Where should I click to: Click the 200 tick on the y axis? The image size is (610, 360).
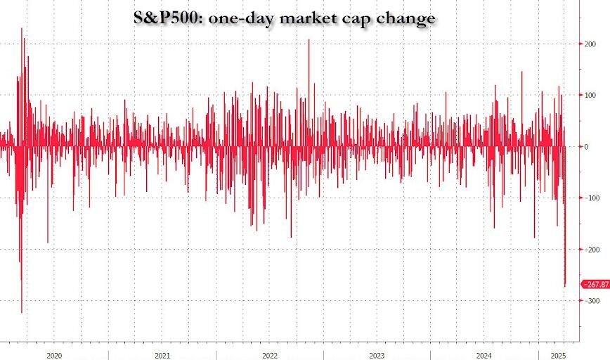point(590,44)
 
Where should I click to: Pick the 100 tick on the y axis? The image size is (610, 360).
point(590,95)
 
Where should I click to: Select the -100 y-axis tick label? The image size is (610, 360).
point(590,198)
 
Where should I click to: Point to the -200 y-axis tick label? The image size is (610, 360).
point(590,250)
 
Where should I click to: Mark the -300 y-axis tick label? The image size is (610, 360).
point(590,301)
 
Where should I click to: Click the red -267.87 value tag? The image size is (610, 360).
point(595,283)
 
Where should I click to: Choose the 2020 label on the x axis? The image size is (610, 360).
point(55,356)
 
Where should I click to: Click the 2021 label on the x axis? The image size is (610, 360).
point(162,356)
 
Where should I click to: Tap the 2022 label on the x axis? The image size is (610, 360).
point(270,356)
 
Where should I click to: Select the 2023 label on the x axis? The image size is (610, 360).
point(377,356)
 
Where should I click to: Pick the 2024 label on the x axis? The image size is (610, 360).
point(484,356)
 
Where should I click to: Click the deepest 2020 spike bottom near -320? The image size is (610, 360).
point(22,313)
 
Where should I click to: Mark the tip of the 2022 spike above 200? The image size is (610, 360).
point(309,40)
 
